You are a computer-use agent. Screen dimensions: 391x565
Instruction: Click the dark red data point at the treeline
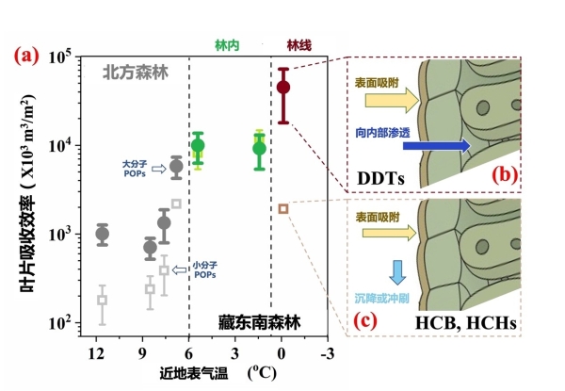point(282,88)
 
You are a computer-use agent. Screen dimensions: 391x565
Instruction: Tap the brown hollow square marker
point(282,208)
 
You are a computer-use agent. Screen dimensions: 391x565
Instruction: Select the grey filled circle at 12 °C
point(103,234)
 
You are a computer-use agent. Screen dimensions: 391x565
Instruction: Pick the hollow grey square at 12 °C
point(103,300)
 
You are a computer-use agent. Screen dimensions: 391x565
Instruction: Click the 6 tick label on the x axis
point(189,355)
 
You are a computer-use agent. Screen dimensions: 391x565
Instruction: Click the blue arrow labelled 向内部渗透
point(416,145)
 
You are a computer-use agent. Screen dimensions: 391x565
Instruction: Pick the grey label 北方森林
point(135,71)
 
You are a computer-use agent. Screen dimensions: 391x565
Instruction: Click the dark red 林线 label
point(299,44)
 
